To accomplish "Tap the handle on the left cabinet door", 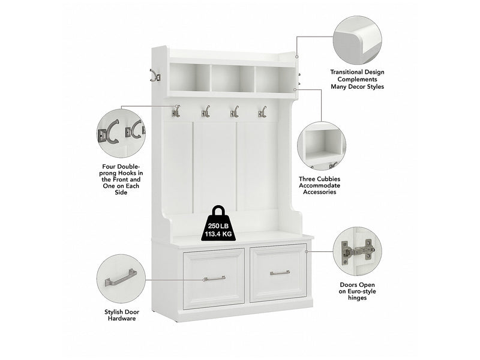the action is coord(214,278).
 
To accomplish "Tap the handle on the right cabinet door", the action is coord(280,272).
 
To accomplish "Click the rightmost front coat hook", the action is coord(262,112).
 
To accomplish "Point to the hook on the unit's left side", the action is coord(155,76).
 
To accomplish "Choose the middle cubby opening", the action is coord(232,79).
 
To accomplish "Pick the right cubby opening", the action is coord(275,80).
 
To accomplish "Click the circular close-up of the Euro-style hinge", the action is coord(357,251).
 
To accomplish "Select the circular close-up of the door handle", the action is coord(121,279).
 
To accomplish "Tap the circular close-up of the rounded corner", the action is coord(357,40).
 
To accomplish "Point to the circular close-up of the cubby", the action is coord(322,146).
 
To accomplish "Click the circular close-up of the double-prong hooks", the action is coord(121,133).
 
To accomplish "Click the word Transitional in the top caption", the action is coord(346,72).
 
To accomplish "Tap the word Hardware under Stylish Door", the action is coord(122,319).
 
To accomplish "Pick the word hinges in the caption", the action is coord(357,298).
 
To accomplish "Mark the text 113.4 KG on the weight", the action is coord(218,234).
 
